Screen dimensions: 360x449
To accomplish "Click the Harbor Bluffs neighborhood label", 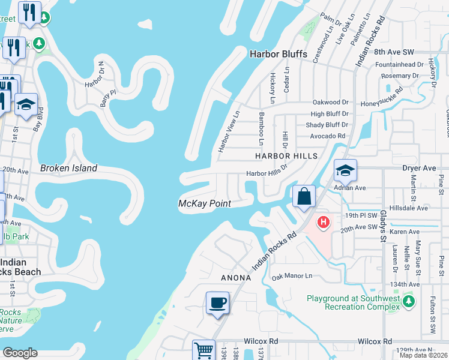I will point(278,54).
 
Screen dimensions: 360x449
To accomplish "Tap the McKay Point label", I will point(205,204).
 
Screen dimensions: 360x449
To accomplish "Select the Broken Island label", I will point(68,168).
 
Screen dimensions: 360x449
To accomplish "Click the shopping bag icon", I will point(304,196).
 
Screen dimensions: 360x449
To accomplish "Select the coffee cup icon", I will point(217,302).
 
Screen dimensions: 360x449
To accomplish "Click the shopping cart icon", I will point(203,349).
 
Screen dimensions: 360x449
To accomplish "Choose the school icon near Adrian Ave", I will point(345,170).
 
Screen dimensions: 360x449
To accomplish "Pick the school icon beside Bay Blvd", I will point(26,104).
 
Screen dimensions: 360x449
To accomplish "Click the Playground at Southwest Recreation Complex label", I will point(353,302).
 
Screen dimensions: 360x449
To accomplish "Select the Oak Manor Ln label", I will point(292,276).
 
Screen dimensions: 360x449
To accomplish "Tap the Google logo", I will point(19,353).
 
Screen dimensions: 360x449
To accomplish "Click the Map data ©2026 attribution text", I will point(423,355).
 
